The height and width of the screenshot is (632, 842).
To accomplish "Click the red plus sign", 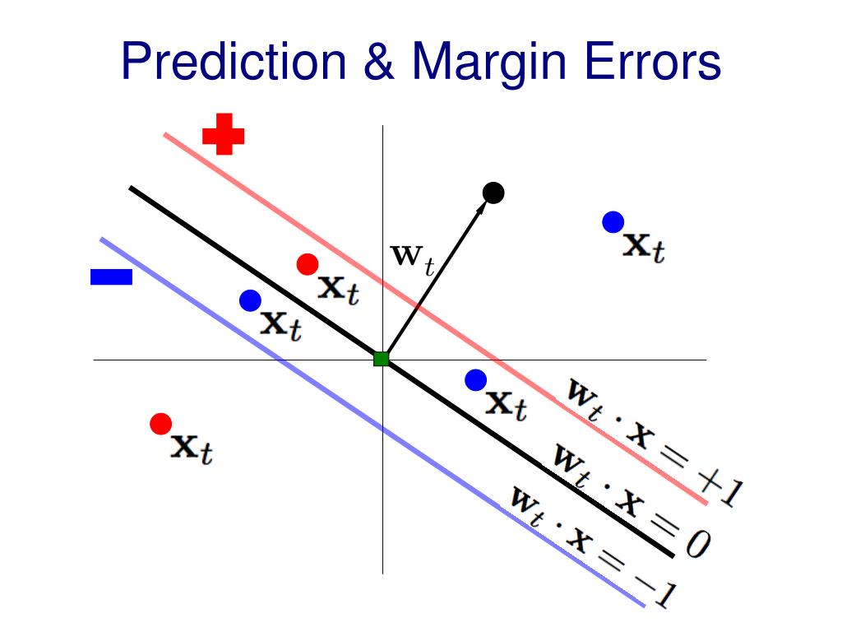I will coord(223,134).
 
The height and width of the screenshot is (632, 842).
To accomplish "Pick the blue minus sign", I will coord(111,277).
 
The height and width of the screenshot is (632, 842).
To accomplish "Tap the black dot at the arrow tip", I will coord(493,193).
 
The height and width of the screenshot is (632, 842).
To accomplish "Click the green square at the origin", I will coord(381,359).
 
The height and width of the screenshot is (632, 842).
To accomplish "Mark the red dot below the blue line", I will coord(161,424).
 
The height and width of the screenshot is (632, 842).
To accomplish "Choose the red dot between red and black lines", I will coord(308,264).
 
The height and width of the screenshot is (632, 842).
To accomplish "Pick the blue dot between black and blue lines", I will coord(250,301).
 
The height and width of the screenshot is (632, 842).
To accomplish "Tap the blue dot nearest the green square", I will coord(476,380).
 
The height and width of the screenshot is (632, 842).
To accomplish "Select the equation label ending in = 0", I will coord(629,500).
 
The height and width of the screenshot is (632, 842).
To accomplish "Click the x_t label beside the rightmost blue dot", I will coord(644,246).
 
